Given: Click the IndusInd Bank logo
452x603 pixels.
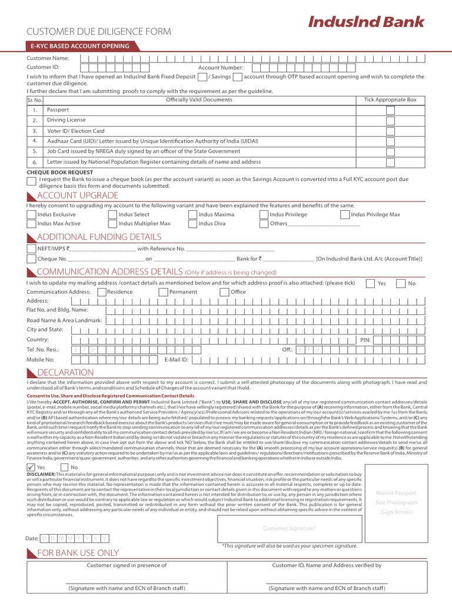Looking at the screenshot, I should point(366,22).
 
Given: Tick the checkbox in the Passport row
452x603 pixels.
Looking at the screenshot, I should point(390,110).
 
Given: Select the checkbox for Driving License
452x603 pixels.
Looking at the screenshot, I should point(390,120).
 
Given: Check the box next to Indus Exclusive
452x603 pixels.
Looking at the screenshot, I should point(31,215).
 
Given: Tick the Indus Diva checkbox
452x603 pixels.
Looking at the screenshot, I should point(192,224).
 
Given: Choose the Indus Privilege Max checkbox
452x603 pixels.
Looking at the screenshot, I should point(345,215).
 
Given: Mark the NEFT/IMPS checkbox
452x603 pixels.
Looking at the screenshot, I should point(32,249).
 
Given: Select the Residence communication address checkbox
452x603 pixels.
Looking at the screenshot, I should point(102,292).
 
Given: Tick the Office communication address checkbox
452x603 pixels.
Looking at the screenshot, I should point(225,292).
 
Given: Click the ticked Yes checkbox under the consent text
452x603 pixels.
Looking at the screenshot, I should point(31,467).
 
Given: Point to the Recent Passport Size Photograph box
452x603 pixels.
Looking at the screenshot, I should point(395,502).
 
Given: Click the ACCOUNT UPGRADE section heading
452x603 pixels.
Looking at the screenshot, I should point(77,196).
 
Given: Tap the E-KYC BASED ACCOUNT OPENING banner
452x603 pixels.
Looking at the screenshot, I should point(79,47).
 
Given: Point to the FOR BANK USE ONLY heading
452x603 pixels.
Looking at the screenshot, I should point(78,553).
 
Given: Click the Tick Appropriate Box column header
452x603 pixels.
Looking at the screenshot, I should point(390,100).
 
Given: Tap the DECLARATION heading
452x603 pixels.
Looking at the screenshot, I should point(65,373).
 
